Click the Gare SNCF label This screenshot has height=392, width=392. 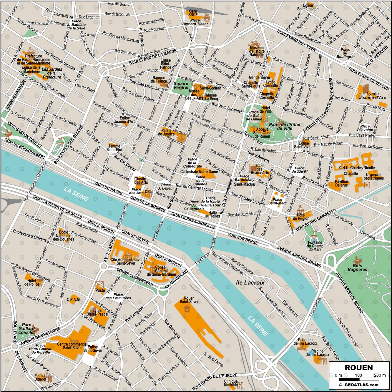pyautogui.click(x=193, y=13)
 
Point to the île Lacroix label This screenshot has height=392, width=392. pyautogui.click(x=250, y=283)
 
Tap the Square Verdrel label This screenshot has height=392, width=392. pyautogui.click(x=181, y=86)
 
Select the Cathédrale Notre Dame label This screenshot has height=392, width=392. pyautogui.click(x=199, y=172)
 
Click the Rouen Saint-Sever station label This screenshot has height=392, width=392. pyautogui.click(x=189, y=300)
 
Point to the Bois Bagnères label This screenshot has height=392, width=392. pyautogui.click(x=357, y=267)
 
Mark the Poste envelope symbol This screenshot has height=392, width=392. pyautogui.click(x=100, y=285)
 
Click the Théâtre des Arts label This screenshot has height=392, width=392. pyautogui.click(x=141, y=180)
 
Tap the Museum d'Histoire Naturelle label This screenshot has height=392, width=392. pyautogui.click(x=257, y=51)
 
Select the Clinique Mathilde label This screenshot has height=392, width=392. pyautogui.click(x=231, y=383)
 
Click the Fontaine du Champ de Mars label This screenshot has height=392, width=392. pyautogui.click(x=315, y=246)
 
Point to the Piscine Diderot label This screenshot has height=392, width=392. pyautogui.click(x=40, y=377)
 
